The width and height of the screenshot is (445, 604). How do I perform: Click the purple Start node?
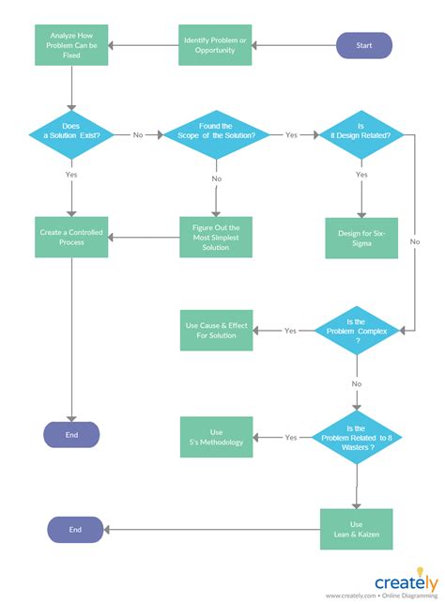click(x=364, y=45)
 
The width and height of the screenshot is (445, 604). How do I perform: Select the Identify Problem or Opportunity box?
click(x=217, y=45)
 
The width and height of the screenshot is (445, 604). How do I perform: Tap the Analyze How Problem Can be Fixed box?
click(x=71, y=45)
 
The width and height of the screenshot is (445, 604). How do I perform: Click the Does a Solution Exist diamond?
click(x=71, y=134)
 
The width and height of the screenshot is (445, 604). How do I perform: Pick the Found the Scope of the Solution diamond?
click(x=217, y=134)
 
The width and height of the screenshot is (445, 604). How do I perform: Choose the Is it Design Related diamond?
click(x=361, y=134)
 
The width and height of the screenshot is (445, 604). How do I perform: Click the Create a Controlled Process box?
click(x=71, y=237)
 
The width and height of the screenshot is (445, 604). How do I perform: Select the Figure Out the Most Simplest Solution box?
click(x=217, y=237)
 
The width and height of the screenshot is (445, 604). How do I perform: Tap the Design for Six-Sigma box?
click(x=361, y=237)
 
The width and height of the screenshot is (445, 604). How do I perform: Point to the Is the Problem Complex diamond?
click(x=357, y=331)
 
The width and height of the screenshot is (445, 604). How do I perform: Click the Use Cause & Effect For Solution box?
click(x=217, y=331)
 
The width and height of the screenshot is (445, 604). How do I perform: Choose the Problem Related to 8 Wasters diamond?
click(x=357, y=437)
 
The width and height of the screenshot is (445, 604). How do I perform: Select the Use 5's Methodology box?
click(x=217, y=437)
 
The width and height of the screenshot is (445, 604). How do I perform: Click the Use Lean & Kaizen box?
click(x=357, y=529)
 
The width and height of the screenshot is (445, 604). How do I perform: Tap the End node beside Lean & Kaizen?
click(x=75, y=530)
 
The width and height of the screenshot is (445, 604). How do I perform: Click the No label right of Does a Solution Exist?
click(x=138, y=135)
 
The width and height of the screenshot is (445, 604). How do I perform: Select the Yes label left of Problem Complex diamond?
click(x=290, y=331)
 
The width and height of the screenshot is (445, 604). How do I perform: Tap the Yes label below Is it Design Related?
click(x=361, y=175)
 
